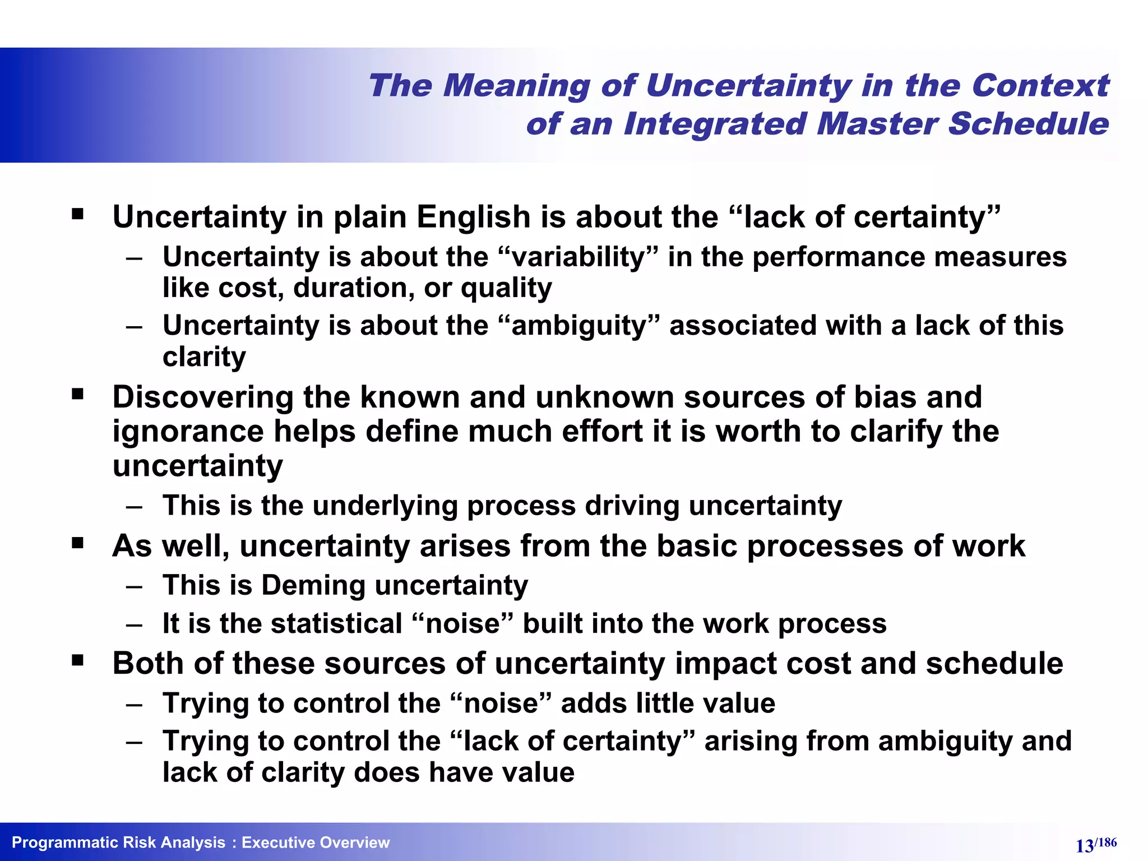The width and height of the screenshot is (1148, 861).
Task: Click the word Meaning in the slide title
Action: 516,86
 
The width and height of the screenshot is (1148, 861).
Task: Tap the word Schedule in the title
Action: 1028,123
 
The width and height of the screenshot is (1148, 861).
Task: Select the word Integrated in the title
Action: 714,123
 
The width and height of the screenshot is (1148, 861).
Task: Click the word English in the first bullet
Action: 474,217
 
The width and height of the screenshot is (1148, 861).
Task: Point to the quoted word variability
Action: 577,257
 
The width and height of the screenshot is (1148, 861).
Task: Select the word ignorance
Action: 188,432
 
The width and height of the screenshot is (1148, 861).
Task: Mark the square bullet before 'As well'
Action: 78,543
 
